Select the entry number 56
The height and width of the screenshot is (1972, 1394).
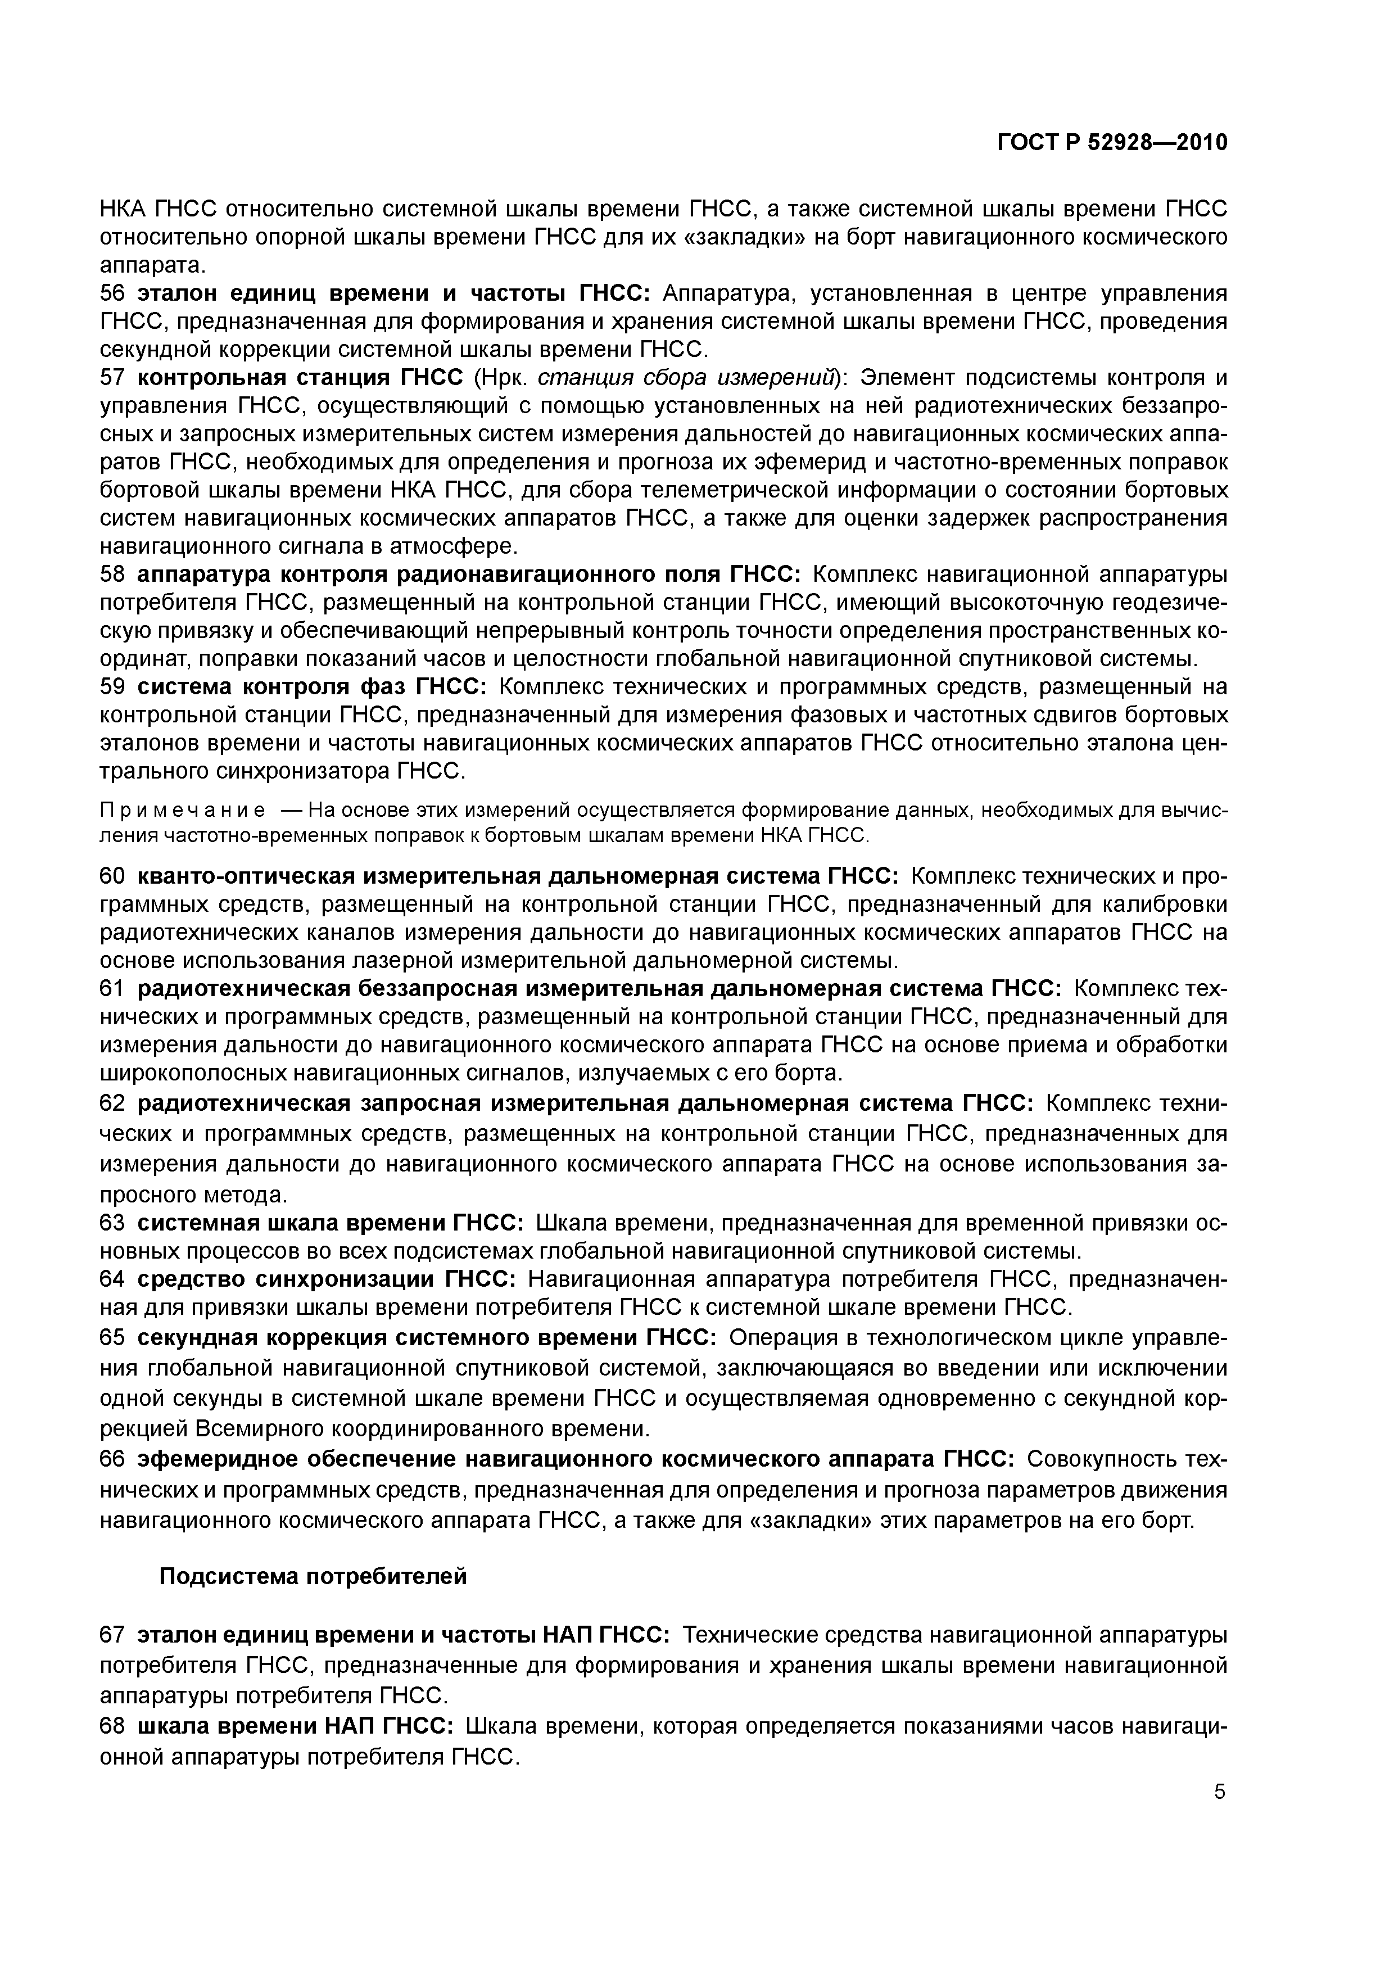click(112, 293)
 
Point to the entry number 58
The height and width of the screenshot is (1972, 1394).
click(112, 574)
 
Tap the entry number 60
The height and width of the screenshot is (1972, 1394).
click(112, 876)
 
